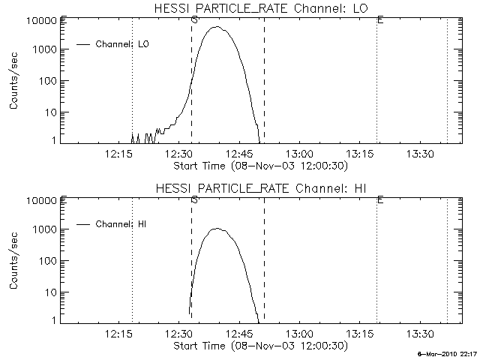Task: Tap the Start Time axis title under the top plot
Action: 259,165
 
